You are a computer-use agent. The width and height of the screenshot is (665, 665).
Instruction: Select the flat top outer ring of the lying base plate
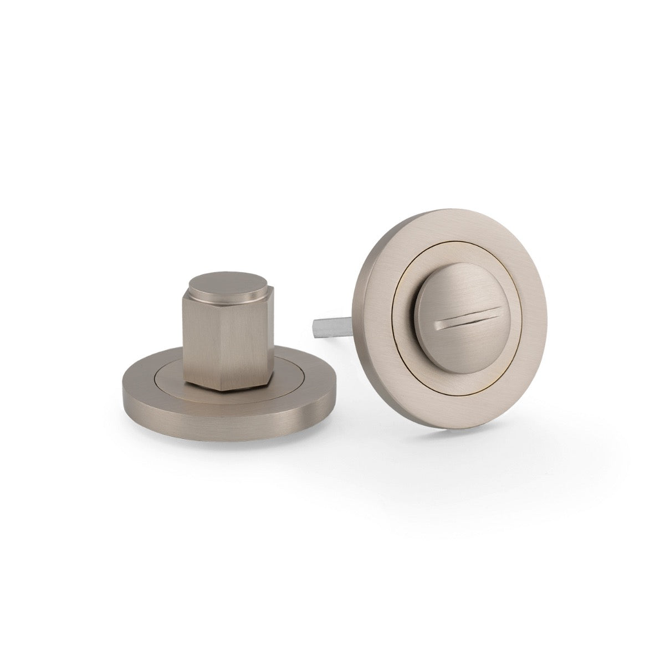pyautogui.click(x=139, y=382)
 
